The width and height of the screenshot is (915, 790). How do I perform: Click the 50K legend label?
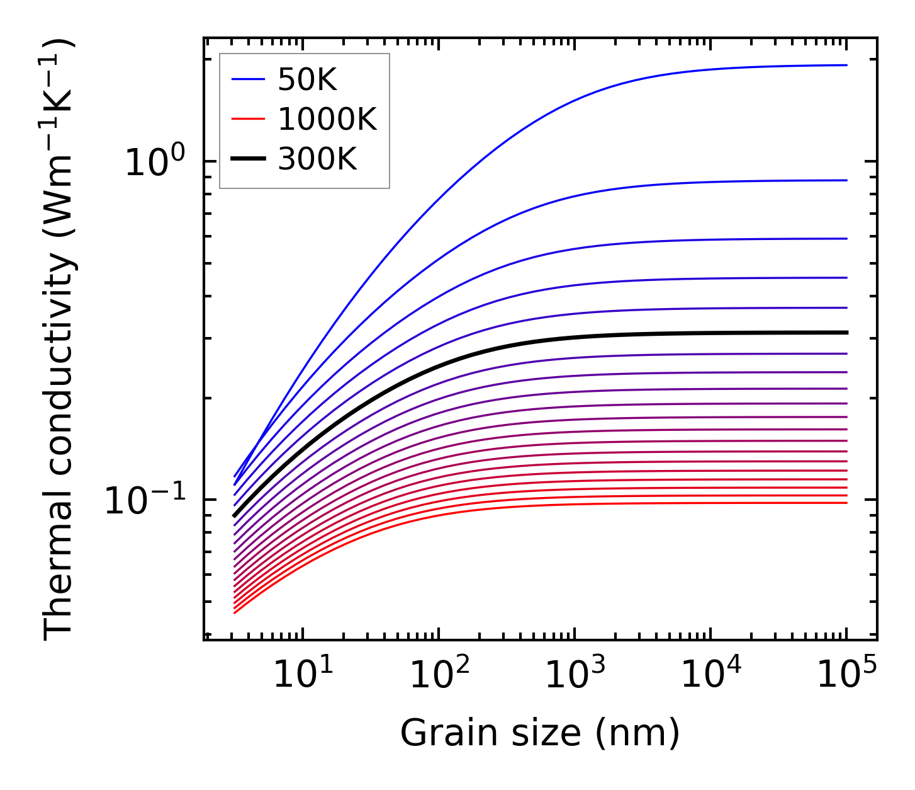click(307, 79)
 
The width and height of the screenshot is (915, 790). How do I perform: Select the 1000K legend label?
click(327, 119)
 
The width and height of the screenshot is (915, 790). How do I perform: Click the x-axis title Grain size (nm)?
click(540, 733)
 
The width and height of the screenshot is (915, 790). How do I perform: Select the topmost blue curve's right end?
click(846, 65)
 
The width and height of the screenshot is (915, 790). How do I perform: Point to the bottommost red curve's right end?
click(846, 503)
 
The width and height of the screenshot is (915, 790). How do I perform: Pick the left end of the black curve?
click(234, 516)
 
